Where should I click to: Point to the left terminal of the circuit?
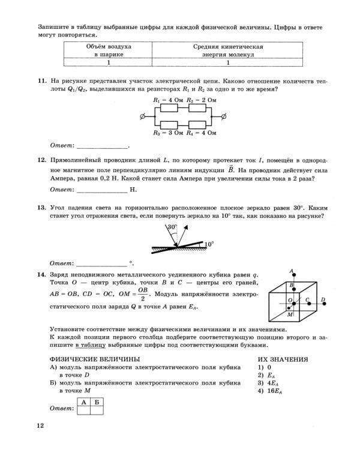142,116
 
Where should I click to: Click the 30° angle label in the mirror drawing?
173,227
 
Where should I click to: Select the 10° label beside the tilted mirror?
209,245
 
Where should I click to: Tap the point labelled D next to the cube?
323,299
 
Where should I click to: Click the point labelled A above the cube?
291,271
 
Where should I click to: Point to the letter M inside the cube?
290,314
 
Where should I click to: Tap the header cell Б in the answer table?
96,401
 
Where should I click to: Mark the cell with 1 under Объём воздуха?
109,62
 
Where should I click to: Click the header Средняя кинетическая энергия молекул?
228,50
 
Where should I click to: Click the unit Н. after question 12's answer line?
134,190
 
